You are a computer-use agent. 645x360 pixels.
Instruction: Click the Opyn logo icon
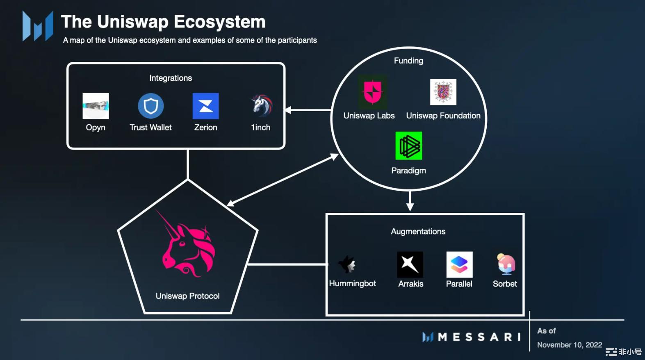(96, 106)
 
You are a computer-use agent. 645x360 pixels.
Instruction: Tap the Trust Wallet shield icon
(151, 106)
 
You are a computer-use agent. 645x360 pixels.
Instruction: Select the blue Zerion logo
(205, 106)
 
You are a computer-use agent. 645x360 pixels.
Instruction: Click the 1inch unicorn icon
(262, 105)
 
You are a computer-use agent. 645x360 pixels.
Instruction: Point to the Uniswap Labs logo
(372, 92)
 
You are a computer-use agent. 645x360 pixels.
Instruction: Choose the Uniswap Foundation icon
(443, 92)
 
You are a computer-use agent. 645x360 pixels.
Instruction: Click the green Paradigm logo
(408, 146)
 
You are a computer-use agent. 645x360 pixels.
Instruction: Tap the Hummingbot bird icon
(347, 264)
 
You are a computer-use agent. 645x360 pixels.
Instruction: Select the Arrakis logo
(410, 264)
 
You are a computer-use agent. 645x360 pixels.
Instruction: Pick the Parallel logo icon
(459, 264)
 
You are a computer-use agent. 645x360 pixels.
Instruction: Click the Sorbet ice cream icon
(506, 264)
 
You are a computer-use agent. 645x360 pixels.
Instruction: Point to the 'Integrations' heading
(171, 78)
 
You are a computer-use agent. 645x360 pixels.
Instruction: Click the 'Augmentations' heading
(418, 231)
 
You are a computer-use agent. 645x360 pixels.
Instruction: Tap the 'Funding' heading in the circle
(408, 61)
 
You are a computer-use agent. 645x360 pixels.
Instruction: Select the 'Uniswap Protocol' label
(187, 296)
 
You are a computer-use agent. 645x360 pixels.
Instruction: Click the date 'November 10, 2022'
(570, 345)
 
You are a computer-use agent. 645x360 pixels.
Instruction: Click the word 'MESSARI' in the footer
(479, 337)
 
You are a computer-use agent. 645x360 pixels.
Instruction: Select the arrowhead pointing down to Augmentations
(410, 207)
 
